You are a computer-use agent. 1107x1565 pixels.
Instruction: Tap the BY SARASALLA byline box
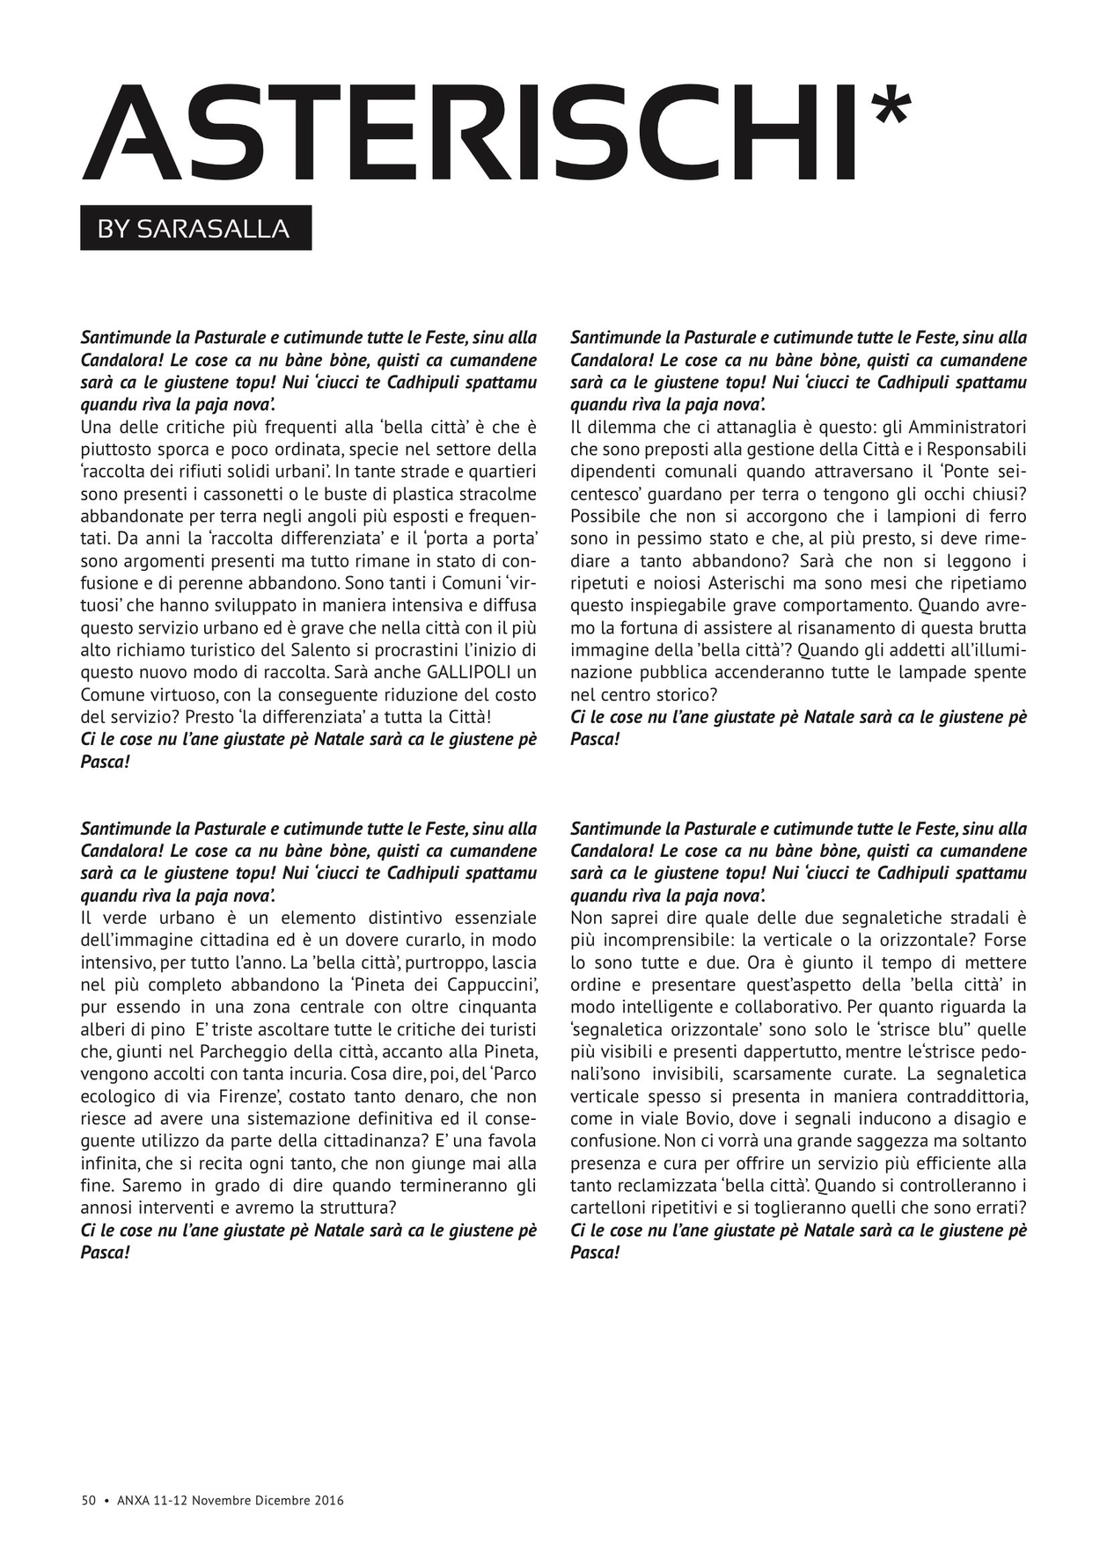pos(195,229)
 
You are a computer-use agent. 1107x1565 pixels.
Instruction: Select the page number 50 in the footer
pos(88,1501)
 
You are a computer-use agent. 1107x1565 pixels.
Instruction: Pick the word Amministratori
pos(967,428)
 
